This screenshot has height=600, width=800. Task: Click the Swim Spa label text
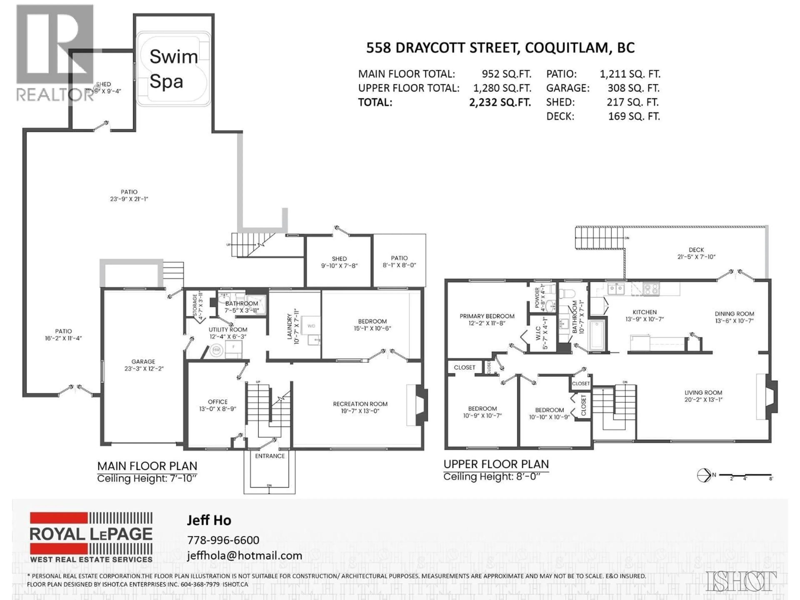pos(173,69)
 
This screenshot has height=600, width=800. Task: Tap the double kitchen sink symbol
pos(616,289)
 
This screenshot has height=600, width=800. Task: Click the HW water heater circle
pos(216,350)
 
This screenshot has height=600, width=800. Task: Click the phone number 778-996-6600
pos(223,540)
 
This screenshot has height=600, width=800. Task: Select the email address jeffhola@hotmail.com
pos(244,555)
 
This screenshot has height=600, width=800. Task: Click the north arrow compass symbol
pos(704,475)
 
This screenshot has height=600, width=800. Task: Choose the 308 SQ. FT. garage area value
pos(633,88)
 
